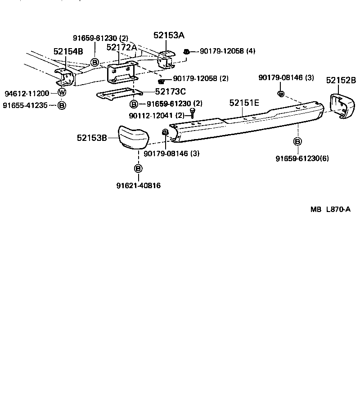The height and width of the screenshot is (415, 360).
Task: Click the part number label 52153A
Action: click(169, 35)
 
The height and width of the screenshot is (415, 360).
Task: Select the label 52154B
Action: click(68, 51)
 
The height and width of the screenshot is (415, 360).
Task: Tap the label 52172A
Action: click(121, 47)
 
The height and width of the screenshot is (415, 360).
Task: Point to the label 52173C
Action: click(171, 91)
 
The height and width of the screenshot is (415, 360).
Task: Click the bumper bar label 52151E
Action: click(244, 103)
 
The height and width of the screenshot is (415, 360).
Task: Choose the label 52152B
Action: click(341, 81)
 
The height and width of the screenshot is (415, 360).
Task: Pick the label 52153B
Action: click(92, 138)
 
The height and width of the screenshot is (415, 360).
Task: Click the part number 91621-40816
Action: click(138, 185)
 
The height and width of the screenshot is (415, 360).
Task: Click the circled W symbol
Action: click(62, 93)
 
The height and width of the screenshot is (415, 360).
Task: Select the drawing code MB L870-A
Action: click(330, 210)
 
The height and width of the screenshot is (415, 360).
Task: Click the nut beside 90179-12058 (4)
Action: click(186, 52)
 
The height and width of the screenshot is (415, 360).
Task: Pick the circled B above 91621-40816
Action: click(138, 168)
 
